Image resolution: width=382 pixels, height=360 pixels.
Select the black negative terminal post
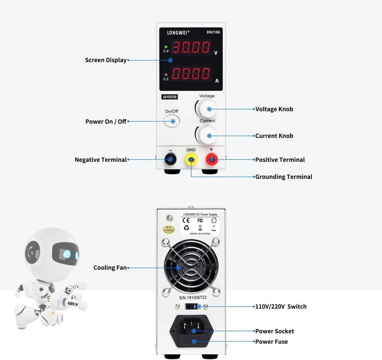pos(170,159)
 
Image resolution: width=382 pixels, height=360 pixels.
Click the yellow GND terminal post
pos(191,159)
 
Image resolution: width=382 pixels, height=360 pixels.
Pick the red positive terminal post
pos(211,159)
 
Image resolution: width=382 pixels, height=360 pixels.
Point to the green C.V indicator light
pos(166,47)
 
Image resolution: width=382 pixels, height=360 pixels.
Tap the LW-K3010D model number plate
pos(170,97)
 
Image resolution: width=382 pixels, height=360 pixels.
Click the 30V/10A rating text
pos(213,32)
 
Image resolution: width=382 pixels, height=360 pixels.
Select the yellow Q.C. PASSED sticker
pos(169,229)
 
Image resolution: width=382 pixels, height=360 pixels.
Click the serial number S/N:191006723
pos(193,297)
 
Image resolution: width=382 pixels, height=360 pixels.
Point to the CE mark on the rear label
pos(186,220)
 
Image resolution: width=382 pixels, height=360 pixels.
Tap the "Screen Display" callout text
pos(105,60)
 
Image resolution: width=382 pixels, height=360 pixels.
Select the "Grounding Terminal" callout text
pos(283,177)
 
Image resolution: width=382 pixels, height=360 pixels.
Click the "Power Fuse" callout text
pos(271,342)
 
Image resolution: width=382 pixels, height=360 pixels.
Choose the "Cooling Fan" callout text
pos(110,268)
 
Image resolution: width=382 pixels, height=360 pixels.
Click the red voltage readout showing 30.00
pos(192,47)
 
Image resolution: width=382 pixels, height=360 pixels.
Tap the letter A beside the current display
pos(217,81)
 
